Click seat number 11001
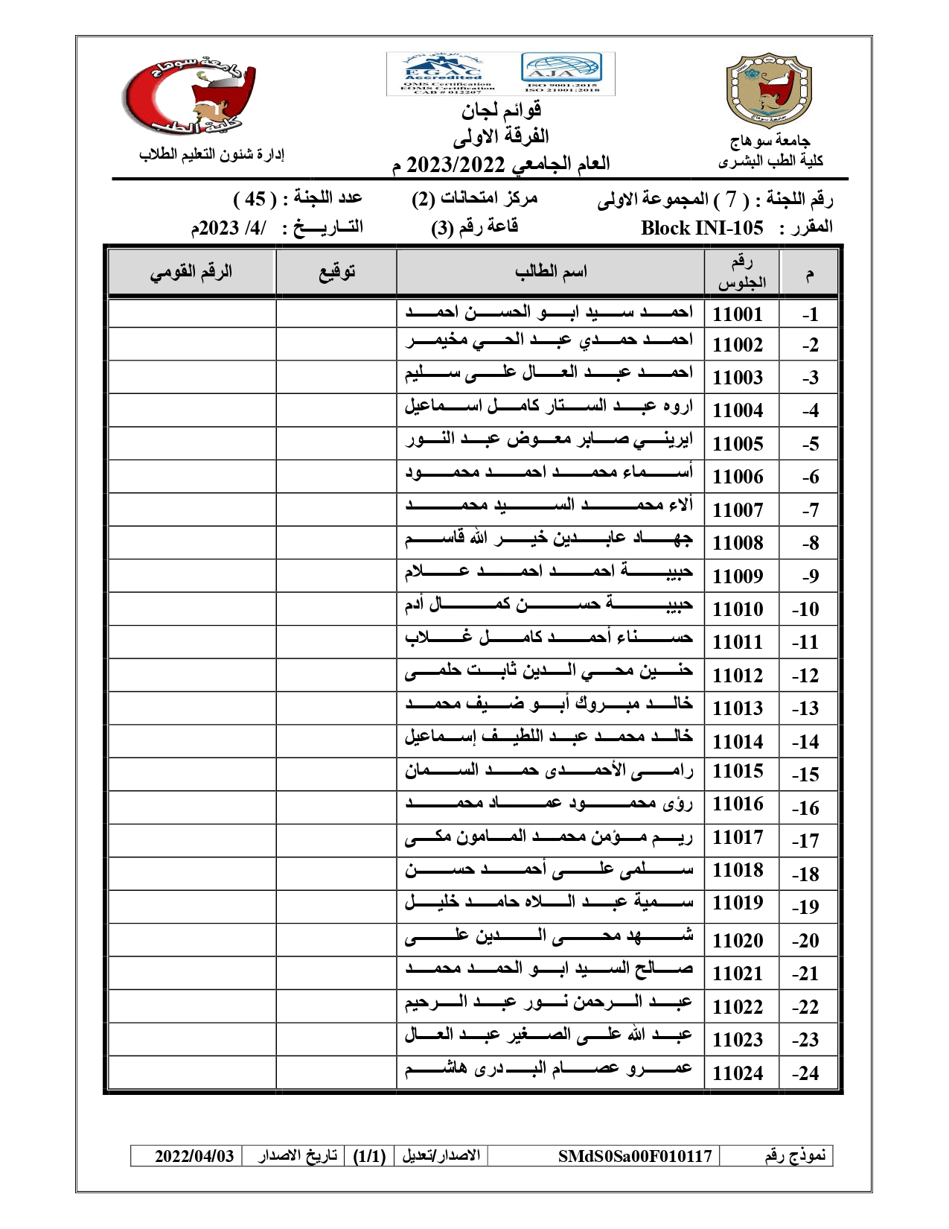(738, 314)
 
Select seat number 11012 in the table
(738, 676)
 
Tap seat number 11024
(738, 1073)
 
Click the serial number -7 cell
(810, 511)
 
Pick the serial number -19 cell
(805, 907)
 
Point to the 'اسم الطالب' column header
(551, 272)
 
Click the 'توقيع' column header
(336, 272)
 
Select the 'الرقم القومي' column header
(191, 272)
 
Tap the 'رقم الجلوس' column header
(741, 272)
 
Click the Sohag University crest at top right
(769, 89)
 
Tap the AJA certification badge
(561, 68)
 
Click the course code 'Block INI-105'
(702, 228)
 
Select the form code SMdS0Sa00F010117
(635, 1156)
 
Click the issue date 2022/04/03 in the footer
(194, 1156)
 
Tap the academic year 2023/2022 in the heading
(456, 164)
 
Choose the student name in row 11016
(549, 804)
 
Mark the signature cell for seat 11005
(336, 443)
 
